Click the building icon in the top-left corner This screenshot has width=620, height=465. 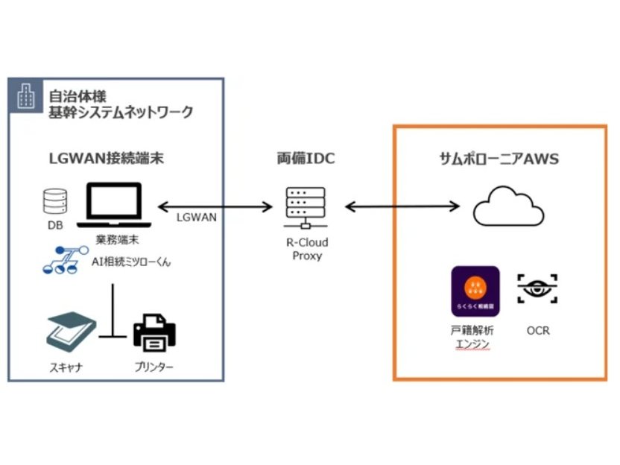tap(25, 95)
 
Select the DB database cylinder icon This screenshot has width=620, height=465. tap(54, 200)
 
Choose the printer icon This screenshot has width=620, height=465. tap(154, 333)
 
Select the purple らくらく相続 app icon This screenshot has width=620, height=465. tap(475, 291)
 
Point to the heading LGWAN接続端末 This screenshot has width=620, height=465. tap(107, 158)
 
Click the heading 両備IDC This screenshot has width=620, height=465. tap(306, 158)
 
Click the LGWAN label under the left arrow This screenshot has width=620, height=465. tap(196, 217)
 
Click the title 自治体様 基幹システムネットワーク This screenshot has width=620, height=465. tap(119, 104)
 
